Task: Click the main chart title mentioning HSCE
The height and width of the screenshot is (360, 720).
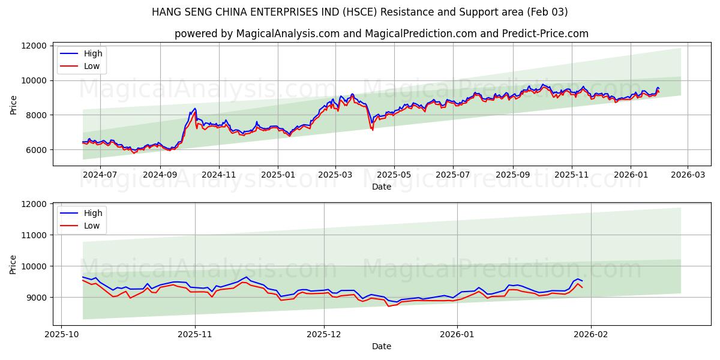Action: [359, 12]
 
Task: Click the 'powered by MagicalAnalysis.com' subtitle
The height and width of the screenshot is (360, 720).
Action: [381, 34]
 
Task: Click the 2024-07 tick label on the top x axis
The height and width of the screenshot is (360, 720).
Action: [100, 175]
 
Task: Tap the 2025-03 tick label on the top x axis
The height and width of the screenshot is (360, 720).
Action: [335, 175]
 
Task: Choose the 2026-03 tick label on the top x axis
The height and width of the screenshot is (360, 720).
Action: [688, 175]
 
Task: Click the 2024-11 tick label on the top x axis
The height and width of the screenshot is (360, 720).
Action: [218, 175]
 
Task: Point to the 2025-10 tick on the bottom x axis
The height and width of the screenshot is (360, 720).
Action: [62, 334]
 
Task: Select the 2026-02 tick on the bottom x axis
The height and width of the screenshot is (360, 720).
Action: [591, 334]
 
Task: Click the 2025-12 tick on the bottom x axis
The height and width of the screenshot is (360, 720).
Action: [324, 334]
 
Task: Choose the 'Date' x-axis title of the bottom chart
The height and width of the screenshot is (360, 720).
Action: [381, 346]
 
